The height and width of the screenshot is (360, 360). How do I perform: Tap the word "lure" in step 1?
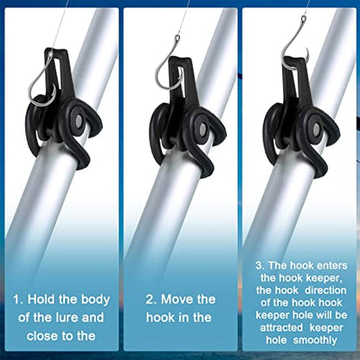click(x=65, y=318)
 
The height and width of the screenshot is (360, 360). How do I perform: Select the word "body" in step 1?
click(x=95, y=300)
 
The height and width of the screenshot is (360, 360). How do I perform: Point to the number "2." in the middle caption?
click(x=151, y=299)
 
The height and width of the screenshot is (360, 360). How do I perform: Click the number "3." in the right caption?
click(x=260, y=266)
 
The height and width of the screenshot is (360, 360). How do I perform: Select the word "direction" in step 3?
click(x=325, y=290)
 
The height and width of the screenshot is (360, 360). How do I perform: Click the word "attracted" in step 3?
click(x=281, y=327)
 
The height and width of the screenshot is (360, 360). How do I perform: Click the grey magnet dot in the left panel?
click(x=80, y=119)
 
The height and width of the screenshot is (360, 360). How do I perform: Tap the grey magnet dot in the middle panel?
click(x=202, y=129)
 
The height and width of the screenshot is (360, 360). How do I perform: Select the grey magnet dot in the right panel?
click(x=316, y=129)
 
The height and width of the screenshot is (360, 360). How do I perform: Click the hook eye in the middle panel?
click(x=177, y=37)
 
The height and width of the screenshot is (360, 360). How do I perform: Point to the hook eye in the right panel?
click(x=304, y=19)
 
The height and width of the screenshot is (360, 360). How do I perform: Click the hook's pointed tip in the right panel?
click(x=305, y=48)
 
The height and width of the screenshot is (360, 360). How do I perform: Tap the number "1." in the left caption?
click(x=18, y=299)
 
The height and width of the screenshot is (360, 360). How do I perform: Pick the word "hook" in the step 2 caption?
click(x=159, y=318)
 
